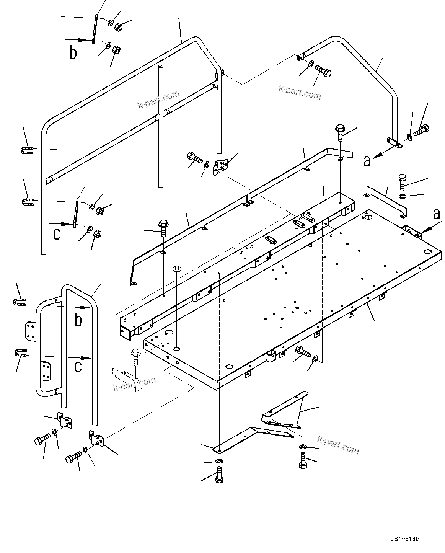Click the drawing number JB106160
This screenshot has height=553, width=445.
click(405, 539)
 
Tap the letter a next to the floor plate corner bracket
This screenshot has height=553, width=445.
click(436, 214)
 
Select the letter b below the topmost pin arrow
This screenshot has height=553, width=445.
click(73, 53)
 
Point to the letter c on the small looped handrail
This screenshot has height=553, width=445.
click(78, 367)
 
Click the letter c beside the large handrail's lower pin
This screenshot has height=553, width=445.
click(57, 233)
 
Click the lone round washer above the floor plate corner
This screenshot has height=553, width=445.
click(177, 269)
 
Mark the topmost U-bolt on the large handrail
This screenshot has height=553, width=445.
click(26, 150)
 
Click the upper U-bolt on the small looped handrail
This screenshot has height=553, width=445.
click(20, 302)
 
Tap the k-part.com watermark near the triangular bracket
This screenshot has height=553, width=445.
click(338, 444)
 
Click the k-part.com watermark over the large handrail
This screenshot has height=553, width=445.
click(158, 100)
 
